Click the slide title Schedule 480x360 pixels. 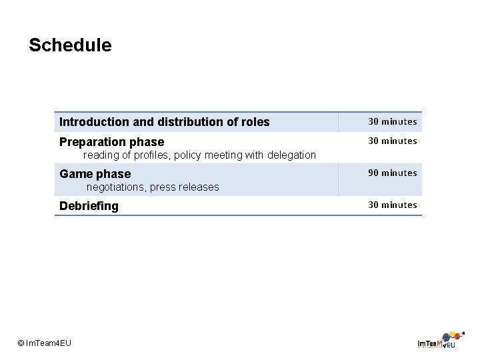(x=70, y=45)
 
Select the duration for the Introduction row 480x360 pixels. (x=393, y=121)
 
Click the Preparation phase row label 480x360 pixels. (x=111, y=142)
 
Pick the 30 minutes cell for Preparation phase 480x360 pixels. (x=393, y=141)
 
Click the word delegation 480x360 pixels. (x=291, y=155)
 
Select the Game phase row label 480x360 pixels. (x=95, y=174)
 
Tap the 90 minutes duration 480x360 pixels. (x=393, y=173)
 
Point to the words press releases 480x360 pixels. (x=184, y=187)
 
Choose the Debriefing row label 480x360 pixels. (x=89, y=206)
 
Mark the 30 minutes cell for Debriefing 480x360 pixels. (x=393, y=205)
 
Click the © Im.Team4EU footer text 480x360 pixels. (x=45, y=343)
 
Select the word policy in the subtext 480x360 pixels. (x=188, y=155)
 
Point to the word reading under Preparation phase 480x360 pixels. (x=99, y=155)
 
